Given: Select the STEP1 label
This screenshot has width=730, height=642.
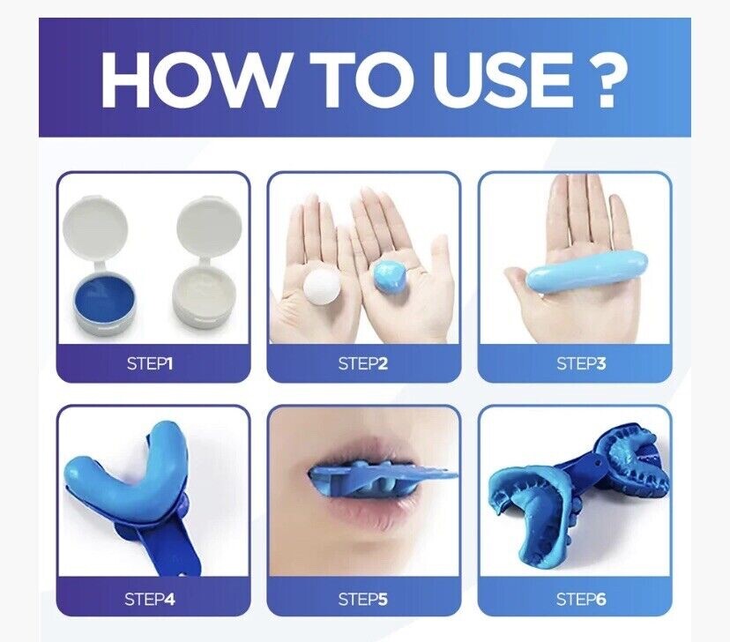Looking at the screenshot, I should [x=153, y=362].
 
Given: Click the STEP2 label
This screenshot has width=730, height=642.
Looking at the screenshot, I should [x=363, y=362].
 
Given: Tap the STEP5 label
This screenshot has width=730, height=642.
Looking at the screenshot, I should [x=363, y=599].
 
